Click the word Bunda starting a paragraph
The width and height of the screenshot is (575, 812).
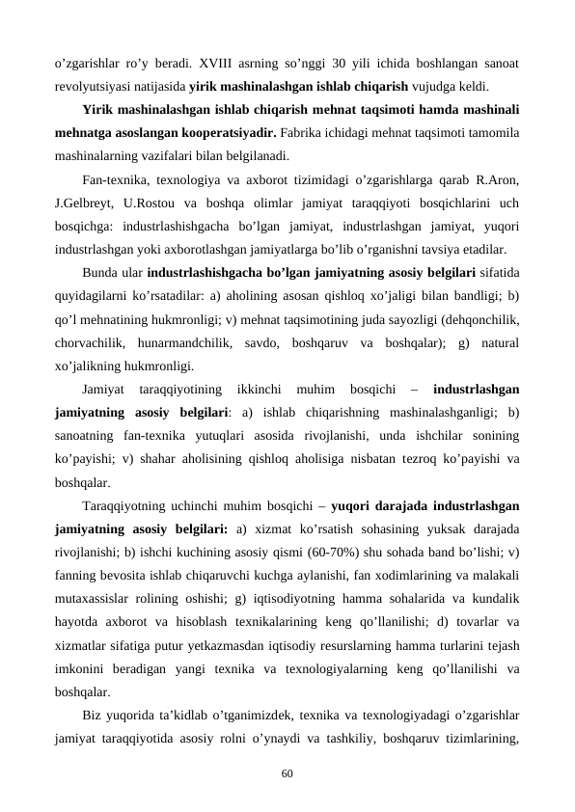coord(99,272)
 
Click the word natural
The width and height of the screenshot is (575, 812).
coord(500,342)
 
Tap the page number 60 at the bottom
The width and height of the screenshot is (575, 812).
coord(287,773)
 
